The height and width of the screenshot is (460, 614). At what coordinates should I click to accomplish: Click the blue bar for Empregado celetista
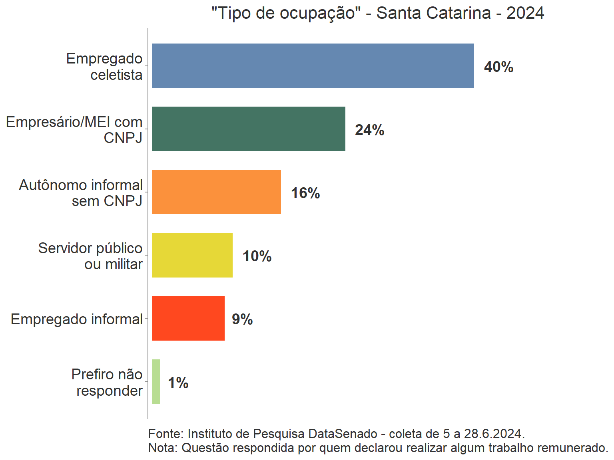313,65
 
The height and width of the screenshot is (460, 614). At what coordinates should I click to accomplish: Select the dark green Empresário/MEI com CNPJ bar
248,129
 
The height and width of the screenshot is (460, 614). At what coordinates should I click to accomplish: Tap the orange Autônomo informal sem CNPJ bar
216,192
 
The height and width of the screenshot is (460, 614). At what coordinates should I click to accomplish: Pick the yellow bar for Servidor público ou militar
192,255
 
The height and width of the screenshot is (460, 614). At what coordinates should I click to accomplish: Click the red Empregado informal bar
188,318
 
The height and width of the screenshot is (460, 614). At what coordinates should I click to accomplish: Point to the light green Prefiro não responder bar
156,381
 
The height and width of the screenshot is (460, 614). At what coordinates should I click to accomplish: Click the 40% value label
498,67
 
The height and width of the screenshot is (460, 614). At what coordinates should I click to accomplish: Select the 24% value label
369,130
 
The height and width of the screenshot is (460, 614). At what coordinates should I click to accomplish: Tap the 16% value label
305,193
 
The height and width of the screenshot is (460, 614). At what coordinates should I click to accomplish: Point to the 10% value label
257,256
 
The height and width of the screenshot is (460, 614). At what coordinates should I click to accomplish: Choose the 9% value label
242,319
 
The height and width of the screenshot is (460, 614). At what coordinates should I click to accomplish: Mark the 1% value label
178,383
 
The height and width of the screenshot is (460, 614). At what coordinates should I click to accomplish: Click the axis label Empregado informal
76,319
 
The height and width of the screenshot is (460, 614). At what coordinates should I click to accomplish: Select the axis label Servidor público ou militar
90,256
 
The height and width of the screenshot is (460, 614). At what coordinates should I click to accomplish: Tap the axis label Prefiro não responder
107,382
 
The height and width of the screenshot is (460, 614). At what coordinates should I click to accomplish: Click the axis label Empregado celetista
104,66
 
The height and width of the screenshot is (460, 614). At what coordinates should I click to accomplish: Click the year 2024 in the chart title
525,13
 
